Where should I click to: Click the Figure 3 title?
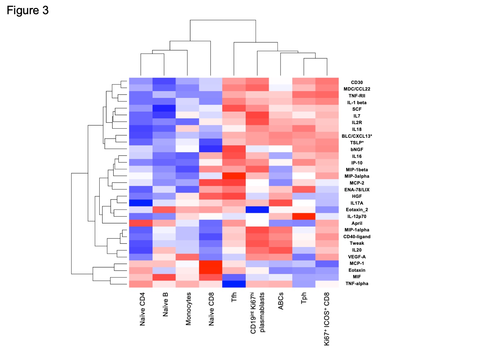(28, 11)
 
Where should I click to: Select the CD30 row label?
(356, 83)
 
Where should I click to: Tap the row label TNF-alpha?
(357, 283)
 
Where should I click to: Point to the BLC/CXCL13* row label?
(357, 136)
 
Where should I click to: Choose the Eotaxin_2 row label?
(357, 210)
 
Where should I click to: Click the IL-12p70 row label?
(357, 217)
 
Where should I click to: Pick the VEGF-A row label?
(357, 257)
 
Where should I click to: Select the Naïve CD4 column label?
(142, 309)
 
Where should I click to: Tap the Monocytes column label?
(188, 309)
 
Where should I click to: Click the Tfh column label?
(234, 297)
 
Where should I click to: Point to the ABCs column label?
(281, 301)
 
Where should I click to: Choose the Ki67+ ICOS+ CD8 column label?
(327, 319)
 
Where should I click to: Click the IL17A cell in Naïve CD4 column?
(141, 203)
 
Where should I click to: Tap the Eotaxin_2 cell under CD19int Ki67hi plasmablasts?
(257, 210)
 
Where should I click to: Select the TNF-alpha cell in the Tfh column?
(234, 284)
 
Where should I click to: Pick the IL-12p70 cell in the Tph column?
(304, 217)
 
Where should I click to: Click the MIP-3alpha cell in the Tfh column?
(234, 176)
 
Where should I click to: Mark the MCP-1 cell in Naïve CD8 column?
(211, 264)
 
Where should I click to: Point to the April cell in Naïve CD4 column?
(141, 223)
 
